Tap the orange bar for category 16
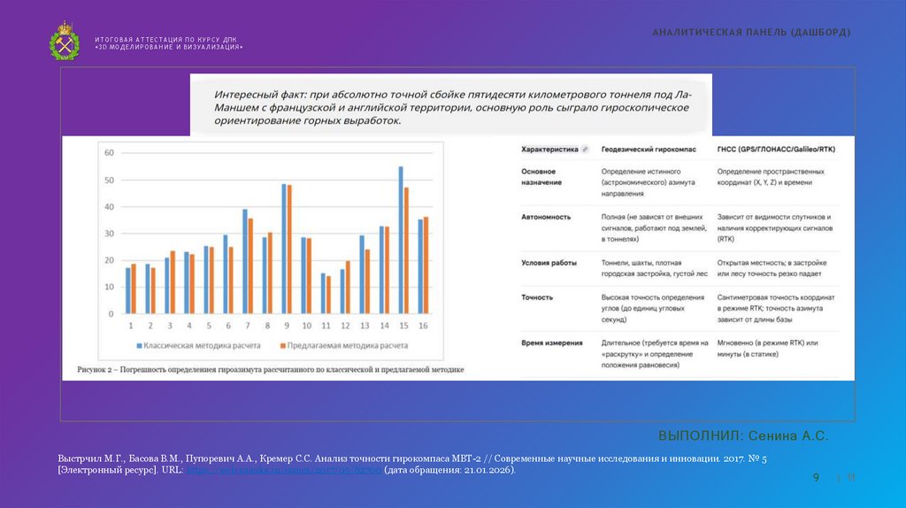pos(426,265)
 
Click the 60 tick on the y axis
pos(109,153)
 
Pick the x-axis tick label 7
pos(246,326)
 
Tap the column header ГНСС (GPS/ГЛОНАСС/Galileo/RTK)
pos(776,150)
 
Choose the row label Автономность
pos(546,217)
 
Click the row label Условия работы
pos(549,263)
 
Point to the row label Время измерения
pos(552,343)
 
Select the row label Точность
pos(538,297)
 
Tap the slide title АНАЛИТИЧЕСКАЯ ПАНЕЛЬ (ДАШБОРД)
pos(751,32)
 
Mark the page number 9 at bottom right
pos(817,478)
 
